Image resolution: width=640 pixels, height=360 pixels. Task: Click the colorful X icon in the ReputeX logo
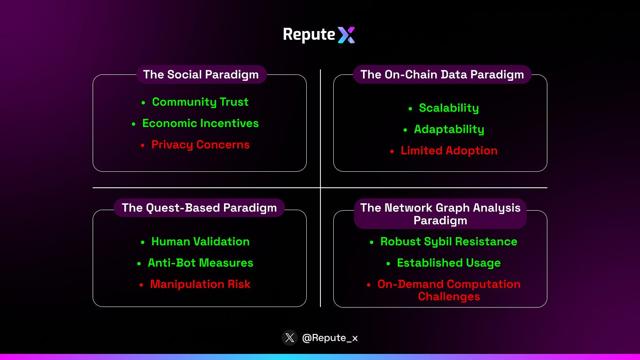pyautogui.click(x=347, y=35)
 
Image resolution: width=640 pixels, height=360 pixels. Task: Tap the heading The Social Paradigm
pyautogui.click(x=201, y=74)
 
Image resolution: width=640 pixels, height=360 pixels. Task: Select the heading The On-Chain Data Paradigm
pyautogui.click(x=442, y=74)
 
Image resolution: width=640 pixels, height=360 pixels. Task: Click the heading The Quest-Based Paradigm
pyautogui.click(x=199, y=208)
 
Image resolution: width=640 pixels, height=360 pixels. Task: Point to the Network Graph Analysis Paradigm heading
pyautogui.click(x=440, y=214)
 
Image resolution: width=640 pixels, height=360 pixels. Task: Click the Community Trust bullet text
pyautogui.click(x=200, y=102)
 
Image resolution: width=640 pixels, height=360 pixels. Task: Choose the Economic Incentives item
pyautogui.click(x=200, y=123)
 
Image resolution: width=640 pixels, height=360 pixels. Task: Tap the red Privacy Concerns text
pyautogui.click(x=200, y=145)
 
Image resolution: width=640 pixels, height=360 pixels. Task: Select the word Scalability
pyautogui.click(x=449, y=108)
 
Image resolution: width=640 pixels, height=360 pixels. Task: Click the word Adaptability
pyautogui.click(x=449, y=129)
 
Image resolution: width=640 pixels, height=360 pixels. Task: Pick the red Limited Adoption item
pyautogui.click(x=449, y=151)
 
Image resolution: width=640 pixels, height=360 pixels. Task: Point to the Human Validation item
pyautogui.click(x=200, y=242)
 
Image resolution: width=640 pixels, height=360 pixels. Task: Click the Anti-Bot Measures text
pyautogui.click(x=200, y=263)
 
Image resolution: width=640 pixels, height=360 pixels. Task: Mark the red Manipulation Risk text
pyautogui.click(x=200, y=284)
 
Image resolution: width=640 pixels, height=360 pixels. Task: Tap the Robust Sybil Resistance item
pyautogui.click(x=449, y=242)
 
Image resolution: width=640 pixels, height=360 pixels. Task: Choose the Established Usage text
pyautogui.click(x=449, y=263)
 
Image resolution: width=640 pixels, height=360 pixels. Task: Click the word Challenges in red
pyautogui.click(x=449, y=296)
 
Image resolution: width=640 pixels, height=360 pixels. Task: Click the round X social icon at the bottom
pyautogui.click(x=290, y=338)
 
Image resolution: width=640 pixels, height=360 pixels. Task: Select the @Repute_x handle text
pyautogui.click(x=330, y=338)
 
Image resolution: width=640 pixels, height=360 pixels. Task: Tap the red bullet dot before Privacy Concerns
pyautogui.click(x=143, y=145)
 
